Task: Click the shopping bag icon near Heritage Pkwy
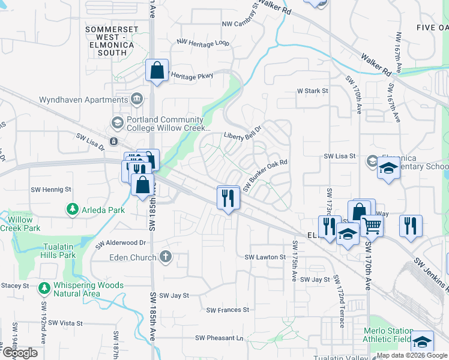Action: [x=157, y=70]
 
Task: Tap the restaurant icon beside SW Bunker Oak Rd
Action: [x=228, y=198]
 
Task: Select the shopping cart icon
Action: [x=372, y=226]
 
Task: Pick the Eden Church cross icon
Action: [x=166, y=257]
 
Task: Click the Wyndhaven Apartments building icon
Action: [x=137, y=98]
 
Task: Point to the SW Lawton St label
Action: [x=265, y=257]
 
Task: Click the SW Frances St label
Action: [x=228, y=310]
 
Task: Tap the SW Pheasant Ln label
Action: [x=222, y=338]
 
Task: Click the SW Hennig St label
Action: [x=51, y=189]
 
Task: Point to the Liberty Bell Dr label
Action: [x=243, y=132]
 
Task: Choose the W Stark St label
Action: [x=313, y=91]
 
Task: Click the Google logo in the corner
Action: [x=19, y=353]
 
